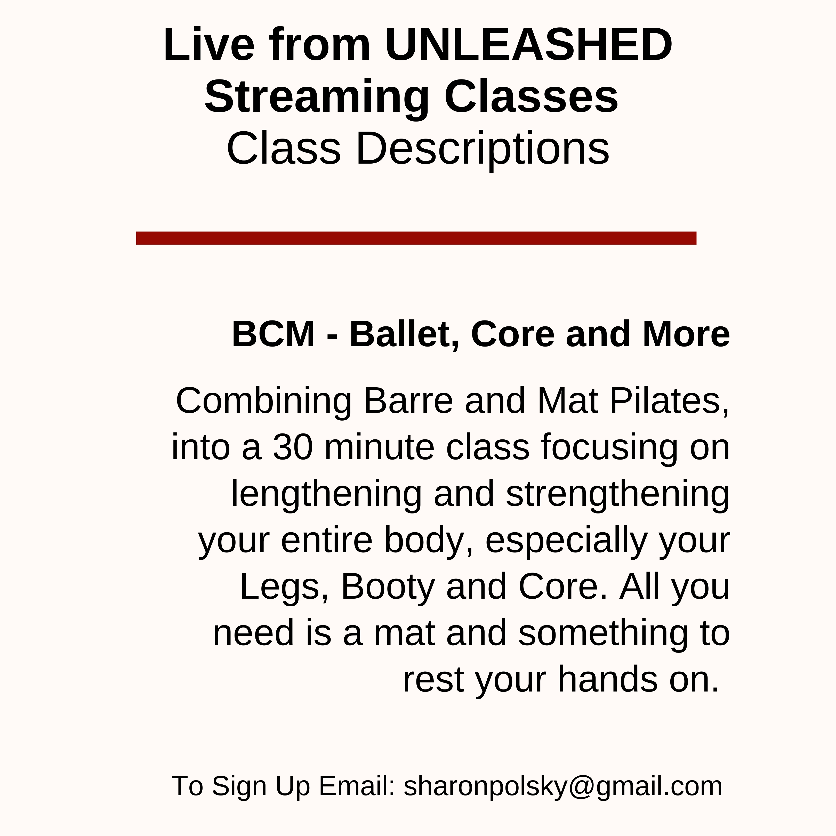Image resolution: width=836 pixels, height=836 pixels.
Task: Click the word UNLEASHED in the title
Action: tap(529, 45)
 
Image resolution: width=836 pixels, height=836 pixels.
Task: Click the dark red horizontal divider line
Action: tap(416, 238)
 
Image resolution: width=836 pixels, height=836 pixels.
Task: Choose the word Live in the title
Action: tap(209, 45)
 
